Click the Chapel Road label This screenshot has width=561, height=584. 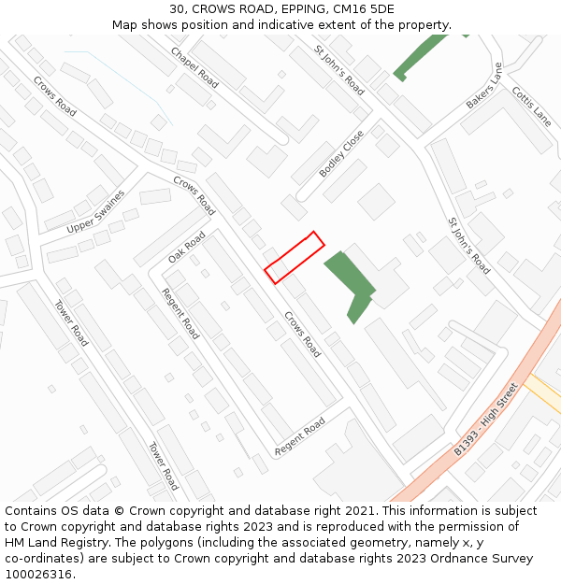(194, 68)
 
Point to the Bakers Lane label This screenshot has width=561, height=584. (484, 86)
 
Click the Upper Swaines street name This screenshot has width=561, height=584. (95, 216)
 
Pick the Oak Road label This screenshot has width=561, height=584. (186, 247)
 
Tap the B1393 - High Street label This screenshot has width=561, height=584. (486, 420)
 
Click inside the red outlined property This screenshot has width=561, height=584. (295, 257)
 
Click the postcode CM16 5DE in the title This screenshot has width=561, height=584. (363, 9)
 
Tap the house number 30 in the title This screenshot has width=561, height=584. (177, 9)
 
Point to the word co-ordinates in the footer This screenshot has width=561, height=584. (41, 559)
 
